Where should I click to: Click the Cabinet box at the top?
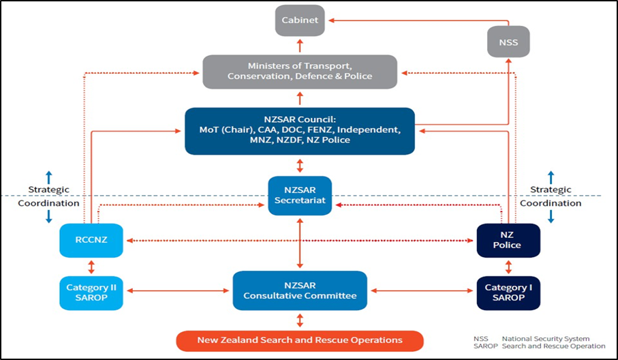tap(300, 20)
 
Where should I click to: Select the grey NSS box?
tap(508, 42)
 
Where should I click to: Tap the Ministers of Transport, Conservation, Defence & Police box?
tap(300, 72)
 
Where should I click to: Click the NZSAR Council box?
tap(300, 130)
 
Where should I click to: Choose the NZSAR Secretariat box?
tap(300, 196)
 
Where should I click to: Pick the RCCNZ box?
tap(91, 241)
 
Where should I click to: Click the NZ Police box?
tap(508, 241)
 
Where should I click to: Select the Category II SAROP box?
tap(91, 292)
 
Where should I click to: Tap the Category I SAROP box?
tap(508, 292)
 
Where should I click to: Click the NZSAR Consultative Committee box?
tap(300, 291)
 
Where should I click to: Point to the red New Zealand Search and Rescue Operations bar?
tap(300, 340)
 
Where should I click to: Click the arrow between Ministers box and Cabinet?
tap(300, 46)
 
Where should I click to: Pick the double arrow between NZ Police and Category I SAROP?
tap(508, 266)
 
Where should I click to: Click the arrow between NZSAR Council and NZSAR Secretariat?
tap(300, 165)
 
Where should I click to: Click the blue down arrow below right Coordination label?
tap(551, 216)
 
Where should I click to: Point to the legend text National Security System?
tap(545, 339)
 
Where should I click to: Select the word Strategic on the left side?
tap(48, 190)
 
